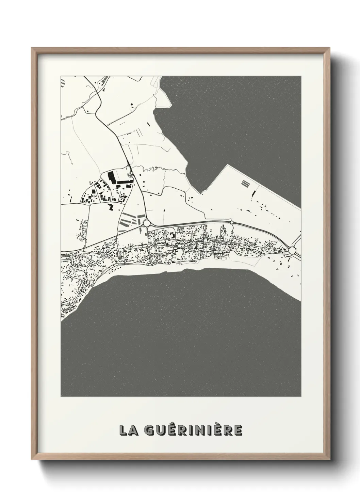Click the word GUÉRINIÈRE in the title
click(x=193, y=430)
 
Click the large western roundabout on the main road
click(x=147, y=223)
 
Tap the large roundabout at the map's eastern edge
click(x=292, y=251)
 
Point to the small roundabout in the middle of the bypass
click(x=232, y=222)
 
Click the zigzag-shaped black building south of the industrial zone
click(x=111, y=206)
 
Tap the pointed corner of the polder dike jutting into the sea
click(x=226, y=165)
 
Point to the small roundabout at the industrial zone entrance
click(x=132, y=173)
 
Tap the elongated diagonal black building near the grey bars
click(x=253, y=193)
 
